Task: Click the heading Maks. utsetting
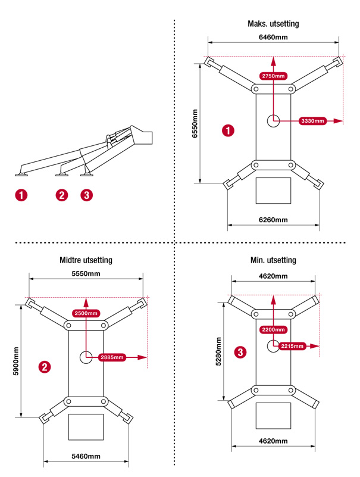(x=273, y=24)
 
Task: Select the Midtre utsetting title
(x=86, y=260)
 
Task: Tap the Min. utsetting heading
(x=273, y=260)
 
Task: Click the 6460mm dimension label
(x=273, y=37)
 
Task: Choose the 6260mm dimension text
(x=273, y=220)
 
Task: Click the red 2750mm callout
(x=273, y=76)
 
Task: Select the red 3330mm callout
(x=312, y=121)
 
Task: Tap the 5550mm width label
(x=86, y=273)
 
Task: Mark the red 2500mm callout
(x=86, y=313)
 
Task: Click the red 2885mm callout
(x=112, y=357)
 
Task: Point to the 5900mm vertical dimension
(x=15, y=364)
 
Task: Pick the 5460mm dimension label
(x=86, y=457)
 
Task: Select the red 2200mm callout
(x=273, y=329)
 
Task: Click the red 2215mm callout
(x=290, y=346)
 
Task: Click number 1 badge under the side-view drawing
(x=22, y=195)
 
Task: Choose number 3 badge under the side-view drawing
(x=87, y=195)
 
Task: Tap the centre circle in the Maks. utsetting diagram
(x=273, y=120)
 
